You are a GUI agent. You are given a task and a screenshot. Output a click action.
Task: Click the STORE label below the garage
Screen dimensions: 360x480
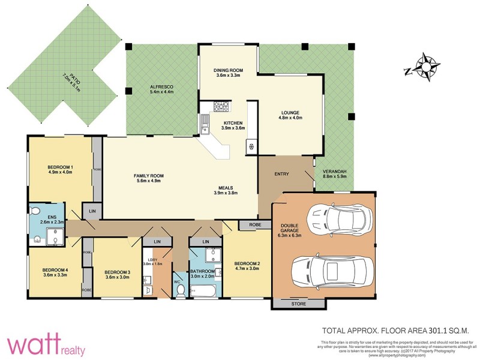point(298,304)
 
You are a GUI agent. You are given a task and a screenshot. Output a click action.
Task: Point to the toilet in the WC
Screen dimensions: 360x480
point(180,290)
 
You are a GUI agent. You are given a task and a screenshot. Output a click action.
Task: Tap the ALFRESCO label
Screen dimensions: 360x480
point(161,88)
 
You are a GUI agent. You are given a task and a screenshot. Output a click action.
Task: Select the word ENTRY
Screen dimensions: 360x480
point(282,174)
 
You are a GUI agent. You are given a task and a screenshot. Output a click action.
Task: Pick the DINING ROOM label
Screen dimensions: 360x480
point(227,70)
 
